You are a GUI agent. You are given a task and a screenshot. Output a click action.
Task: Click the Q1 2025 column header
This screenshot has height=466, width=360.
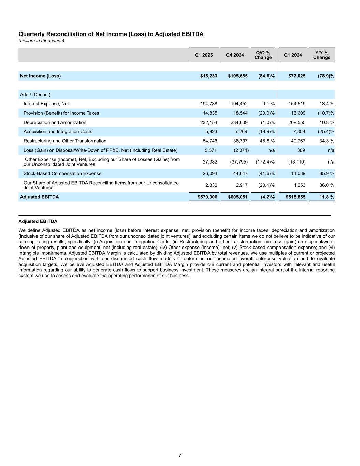(203, 55)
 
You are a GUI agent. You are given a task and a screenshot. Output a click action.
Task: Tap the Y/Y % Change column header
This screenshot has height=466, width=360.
(321, 55)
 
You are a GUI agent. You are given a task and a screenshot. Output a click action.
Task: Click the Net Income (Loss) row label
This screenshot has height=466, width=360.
(40, 76)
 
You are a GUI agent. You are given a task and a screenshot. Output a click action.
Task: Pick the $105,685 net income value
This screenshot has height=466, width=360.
(238, 76)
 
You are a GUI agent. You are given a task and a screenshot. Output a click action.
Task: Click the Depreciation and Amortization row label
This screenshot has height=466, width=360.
(55, 122)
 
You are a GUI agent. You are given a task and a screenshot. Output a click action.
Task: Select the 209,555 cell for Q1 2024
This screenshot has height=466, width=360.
(297, 122)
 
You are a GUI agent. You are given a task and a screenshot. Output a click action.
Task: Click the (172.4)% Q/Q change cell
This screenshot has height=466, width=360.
(265, 162)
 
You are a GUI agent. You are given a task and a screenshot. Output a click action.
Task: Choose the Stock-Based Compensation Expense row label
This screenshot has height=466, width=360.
(62, 174)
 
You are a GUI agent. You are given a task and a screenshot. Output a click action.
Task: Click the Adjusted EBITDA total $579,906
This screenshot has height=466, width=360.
(207, 197)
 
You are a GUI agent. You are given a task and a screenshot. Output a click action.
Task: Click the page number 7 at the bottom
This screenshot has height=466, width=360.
(180, 455)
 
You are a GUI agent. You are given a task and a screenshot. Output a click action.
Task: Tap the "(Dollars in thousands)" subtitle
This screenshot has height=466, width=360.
(41, 41)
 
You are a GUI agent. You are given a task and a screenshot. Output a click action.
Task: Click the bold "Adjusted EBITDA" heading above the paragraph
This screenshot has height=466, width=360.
(38, 222)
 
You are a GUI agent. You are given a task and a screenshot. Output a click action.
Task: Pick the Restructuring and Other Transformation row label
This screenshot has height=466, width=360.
(65, 141)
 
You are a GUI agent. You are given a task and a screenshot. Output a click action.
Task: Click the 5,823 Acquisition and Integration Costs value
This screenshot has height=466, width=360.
(211, 132)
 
